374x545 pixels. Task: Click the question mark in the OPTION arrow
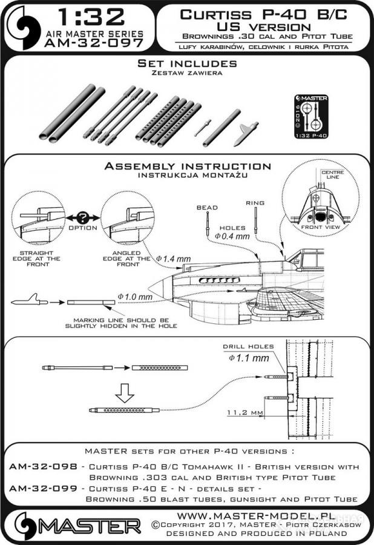(82, 217)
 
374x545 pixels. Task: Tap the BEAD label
(208, 207)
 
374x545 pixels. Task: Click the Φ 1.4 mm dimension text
(173, 259)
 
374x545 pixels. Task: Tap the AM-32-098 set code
(45, 467)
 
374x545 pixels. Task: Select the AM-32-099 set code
(45, 488)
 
